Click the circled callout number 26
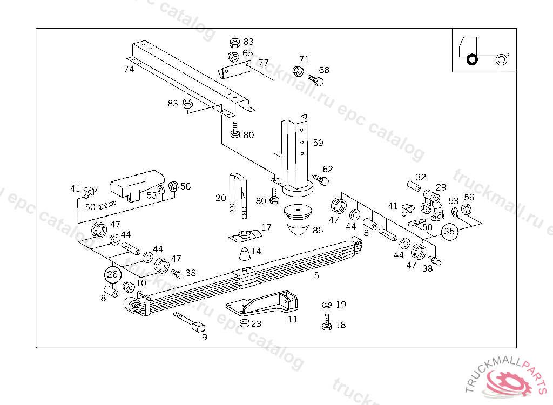pos(112,274)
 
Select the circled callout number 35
pos(449,232)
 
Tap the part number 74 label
pos(129,69)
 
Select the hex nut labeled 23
pos(244,323)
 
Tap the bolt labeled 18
pos(326,323)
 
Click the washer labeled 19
pos(326,305)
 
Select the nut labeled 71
pos(297,70)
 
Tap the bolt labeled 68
pos(316,80)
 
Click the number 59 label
pos(318,143)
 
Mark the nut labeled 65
pos(233,56)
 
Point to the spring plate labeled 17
pos(245,235)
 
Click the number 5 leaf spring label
pos(316,275)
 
